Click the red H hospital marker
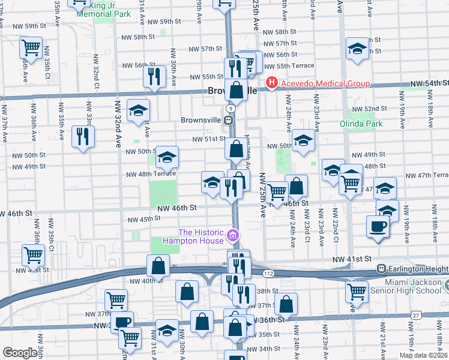click(x=271, y=82)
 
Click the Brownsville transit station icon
click(x=229, y=120)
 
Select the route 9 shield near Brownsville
click(x=230, y=107)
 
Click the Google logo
click(x=19, y=352)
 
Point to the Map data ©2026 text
click(x=423, y=355)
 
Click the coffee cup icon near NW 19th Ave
click(x=378, y=227)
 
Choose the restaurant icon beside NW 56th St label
click(x=154, y=76)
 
